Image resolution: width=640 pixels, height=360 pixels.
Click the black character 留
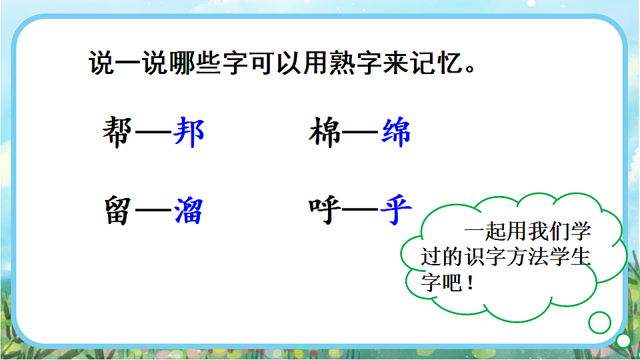(x=118, y=210)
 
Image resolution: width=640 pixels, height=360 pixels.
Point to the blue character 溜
(x=189, y=210)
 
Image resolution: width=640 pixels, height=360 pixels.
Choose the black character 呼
(x=325, y=210)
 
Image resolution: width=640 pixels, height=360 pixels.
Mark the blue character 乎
(x=396, y=210)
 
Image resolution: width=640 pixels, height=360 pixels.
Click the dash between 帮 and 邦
(x=153, y=133)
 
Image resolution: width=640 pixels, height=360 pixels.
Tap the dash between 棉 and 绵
(x=361, y=133)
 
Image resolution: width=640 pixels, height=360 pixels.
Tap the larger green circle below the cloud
(x=599, y=323)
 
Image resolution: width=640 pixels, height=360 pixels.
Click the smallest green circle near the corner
(x=623, y=341)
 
